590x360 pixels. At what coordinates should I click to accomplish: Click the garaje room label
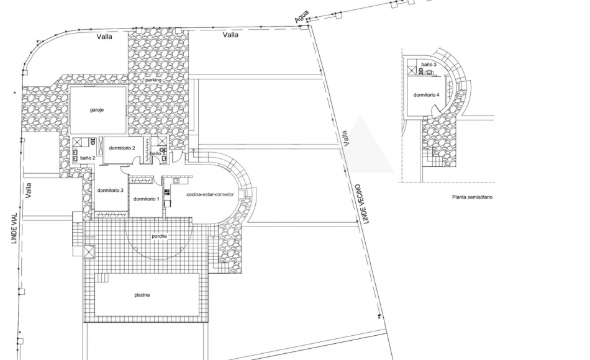point(96,110)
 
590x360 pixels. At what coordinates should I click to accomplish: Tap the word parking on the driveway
point(153,81)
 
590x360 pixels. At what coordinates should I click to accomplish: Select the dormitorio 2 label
point(122,148)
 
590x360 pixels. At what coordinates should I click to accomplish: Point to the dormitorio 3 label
point(110,190)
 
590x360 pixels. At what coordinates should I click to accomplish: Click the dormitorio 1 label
point(147,199)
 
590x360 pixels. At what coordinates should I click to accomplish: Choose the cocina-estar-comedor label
point(210,194)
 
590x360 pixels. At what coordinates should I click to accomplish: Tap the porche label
point(160,236)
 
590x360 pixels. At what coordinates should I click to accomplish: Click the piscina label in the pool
point(143,295)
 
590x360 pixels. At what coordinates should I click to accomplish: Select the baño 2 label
point(88,158)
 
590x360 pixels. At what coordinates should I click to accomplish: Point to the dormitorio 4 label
point(427,95)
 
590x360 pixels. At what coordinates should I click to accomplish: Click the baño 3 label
point(429,65)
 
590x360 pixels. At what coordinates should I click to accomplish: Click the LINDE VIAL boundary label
point(13,230)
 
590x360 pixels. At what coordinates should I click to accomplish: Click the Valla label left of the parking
point(104,37)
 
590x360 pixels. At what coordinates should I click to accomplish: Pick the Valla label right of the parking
point(230,35)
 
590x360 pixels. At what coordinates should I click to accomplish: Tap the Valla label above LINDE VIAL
point(28,189)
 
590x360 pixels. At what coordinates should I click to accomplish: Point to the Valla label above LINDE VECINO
point(346,138)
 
